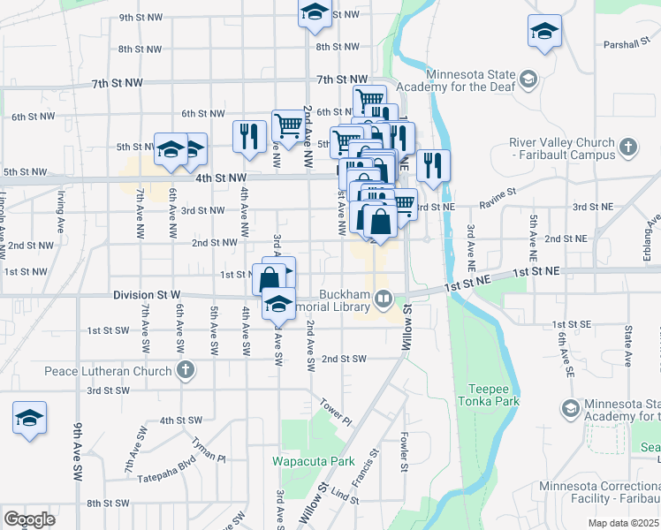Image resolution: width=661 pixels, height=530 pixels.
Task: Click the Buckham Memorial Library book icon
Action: [384, 298]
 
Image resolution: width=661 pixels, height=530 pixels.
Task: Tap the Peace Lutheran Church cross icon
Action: [185, 370]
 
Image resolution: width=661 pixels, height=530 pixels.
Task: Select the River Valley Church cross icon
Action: [627, 148]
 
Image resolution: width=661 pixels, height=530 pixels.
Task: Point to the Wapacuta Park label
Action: [313, 461]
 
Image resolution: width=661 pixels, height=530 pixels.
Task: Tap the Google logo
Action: [28, 519]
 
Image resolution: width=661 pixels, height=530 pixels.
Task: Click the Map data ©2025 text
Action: [623, 523]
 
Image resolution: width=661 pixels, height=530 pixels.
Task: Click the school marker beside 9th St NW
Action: [314, 13]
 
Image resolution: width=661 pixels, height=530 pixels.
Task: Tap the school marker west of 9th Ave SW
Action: [29, 418]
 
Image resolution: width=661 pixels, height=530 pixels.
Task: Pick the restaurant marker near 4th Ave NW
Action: [249, 136]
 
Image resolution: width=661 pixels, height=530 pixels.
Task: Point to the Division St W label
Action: [147, 293]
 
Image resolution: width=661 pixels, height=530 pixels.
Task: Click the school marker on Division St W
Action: [278, 303]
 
